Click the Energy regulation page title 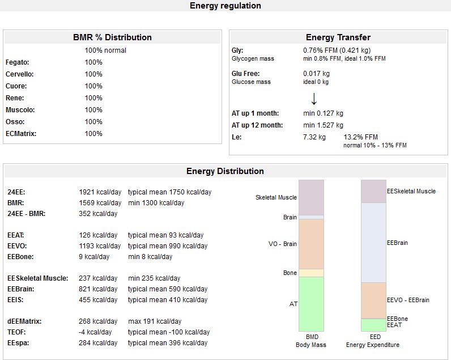225,6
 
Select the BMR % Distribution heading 112,37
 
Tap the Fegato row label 17,62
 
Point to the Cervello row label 19,74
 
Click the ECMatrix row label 22,134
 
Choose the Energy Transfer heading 338,37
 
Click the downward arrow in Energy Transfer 314,99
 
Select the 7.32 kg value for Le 314,137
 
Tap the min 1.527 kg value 323,125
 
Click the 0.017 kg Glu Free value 316,74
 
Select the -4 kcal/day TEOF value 95,332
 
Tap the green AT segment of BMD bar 311,304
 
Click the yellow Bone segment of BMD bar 311,273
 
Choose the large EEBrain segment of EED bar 373,242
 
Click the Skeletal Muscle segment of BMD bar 311,197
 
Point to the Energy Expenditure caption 372,345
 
